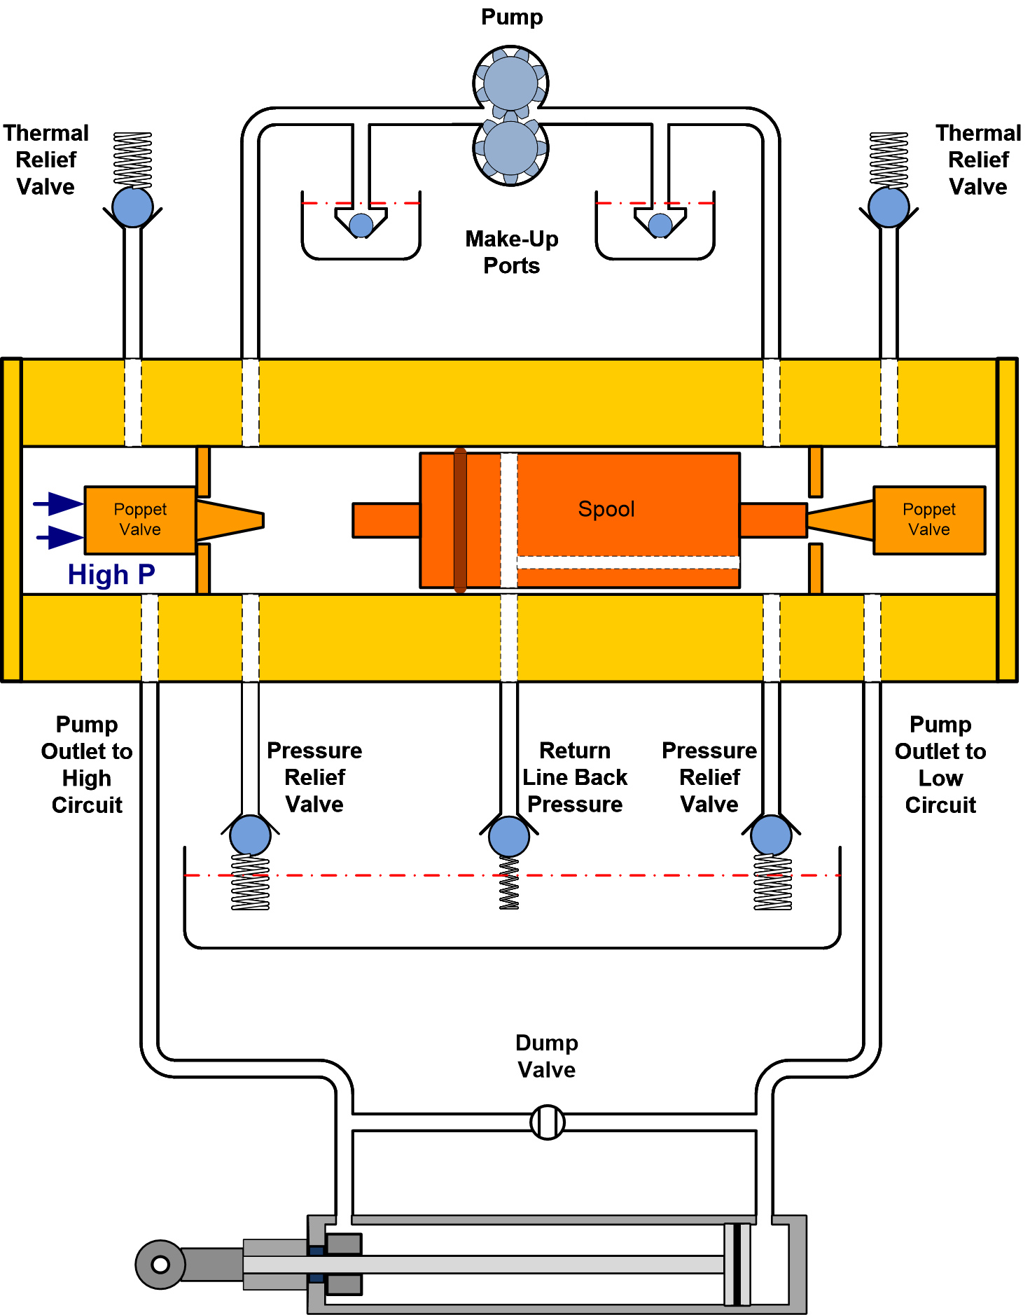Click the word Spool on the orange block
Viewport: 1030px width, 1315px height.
click(x=606, y=509)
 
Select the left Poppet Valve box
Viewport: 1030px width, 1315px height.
click(x=140, y=520)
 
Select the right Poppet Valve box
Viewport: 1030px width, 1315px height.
click(x=928, y=520)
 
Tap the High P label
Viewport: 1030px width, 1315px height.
click(x=111, y=575)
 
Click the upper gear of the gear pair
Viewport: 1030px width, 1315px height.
click(x=510, y=83)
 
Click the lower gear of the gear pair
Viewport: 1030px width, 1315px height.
click(x=510, y=148)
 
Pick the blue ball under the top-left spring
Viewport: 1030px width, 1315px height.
click(x=133, y=207)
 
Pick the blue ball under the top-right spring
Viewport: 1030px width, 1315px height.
click(x=889, y=207)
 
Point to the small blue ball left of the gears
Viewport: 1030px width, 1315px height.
click(x=361, y=225)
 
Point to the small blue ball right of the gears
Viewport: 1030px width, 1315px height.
click(x=660, y=225)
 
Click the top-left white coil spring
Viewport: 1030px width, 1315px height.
click(x=133, y=160)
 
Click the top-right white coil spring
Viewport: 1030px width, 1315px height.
click(x=889, y=160)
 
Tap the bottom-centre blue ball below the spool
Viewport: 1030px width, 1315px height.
click(x=509, y=836)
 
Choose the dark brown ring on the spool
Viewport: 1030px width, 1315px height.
click(x=460, y=520)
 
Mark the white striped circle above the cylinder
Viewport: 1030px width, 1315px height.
click(x=548, y=1122)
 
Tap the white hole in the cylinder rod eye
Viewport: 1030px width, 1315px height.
click(x=160, y=1265)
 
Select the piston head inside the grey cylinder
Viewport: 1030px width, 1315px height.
click(x=737, y=1265)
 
